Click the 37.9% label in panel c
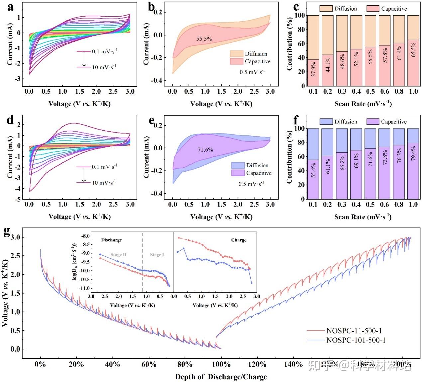coord(314,69)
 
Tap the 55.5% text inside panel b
coord(204,39)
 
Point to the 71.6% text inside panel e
coord(205,150)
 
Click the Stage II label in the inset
coord(118,255)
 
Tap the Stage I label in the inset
coord(157,255)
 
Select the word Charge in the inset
coord(239,240)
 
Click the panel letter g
coord(7,232)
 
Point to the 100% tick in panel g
coord(221,364)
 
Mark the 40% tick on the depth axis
coord(112,364)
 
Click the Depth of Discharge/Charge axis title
coord(221,377)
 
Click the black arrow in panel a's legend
coord(84,59)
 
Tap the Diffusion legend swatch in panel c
coord(326,9)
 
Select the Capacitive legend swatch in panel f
coord(372,122)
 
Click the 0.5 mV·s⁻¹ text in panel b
coord(252,72)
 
